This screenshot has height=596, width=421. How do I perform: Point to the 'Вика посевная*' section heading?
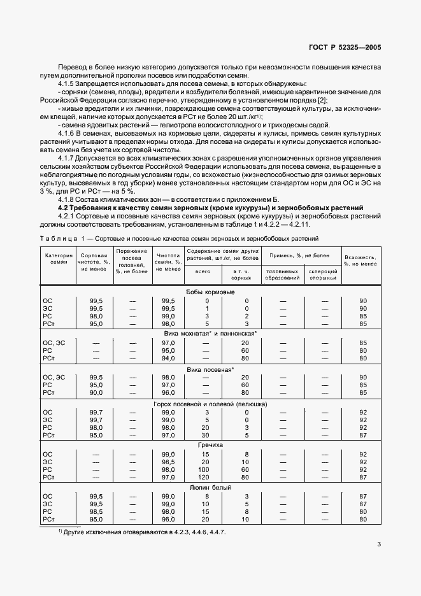coord(210,369)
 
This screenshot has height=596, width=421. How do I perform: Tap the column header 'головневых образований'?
coord(283,274)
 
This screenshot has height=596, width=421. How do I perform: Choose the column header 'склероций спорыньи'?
coord(324,274)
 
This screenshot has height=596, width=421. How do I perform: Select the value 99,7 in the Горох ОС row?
coord(96,413)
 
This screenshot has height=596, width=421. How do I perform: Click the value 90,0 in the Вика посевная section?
coord(96,394)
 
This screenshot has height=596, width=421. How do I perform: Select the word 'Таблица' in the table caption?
coord(59,238)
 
